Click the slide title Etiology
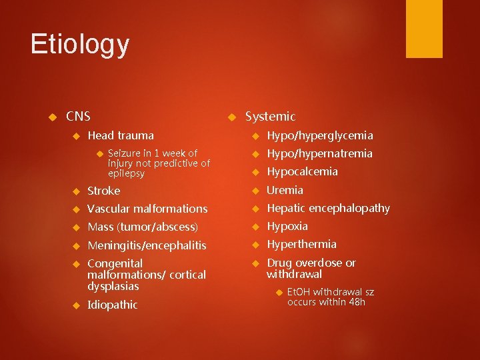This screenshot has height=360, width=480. [80, 45]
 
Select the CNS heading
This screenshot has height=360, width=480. [78, 117]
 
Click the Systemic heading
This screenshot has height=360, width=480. [270, 117]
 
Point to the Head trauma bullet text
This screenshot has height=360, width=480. [120, 135]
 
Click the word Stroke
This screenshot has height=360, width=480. [103, 191]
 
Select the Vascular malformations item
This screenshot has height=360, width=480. [147, 209]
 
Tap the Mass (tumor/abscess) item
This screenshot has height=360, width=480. [143, 227]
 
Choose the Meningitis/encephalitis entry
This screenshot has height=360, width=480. [147, 245]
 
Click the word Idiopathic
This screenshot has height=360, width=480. [113, 305]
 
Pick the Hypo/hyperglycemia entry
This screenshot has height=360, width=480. [319, 135]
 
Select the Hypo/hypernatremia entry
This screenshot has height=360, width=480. [319, 153]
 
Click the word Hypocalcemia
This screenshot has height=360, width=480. [302, 171]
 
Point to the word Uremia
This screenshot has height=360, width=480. [285, 190]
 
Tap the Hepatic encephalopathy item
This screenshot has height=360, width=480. [328, 208]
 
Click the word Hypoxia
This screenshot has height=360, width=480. [287, 226]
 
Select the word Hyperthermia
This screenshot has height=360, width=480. [301, 244]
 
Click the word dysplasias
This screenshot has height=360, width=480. [113, 286]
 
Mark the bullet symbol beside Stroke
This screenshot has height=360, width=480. [75, 191]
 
